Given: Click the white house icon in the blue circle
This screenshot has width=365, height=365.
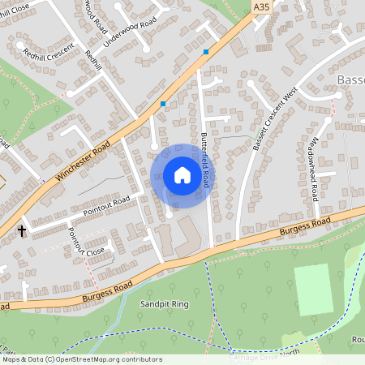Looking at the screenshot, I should [182, 175].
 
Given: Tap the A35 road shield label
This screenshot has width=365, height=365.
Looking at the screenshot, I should [260, 6].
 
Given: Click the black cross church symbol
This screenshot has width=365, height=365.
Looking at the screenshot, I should [22, 231].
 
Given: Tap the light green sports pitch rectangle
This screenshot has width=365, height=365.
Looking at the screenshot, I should [313, 290].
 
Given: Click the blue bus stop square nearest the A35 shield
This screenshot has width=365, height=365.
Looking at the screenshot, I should [206, 52].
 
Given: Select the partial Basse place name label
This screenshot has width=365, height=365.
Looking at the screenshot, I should [350, 80].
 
